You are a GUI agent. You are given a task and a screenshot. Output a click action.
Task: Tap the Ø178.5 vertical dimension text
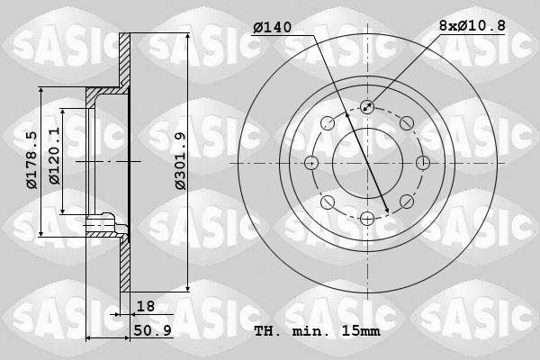(x=31, y=160)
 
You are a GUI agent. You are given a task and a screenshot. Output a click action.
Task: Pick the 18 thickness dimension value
(x=145, y=306)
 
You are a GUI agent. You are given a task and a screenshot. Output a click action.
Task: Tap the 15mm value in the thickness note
(x=361, y=330)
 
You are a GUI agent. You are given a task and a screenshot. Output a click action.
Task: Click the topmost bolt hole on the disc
(x=367, y=107)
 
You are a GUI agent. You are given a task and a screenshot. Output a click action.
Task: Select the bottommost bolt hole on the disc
(x=367, y=217)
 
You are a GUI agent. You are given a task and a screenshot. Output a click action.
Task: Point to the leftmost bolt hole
(x=312, y=162)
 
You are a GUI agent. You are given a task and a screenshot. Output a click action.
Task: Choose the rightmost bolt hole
(x=422, y=162)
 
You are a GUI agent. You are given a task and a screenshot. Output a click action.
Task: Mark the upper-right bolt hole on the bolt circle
(x=406, y=123)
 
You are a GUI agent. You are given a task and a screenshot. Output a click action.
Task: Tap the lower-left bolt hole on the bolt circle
(x=328, y=201)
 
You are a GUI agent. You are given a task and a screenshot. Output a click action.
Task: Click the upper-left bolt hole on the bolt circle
(x=328, y=123)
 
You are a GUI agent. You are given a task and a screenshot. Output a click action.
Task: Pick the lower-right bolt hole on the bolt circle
(x=406, y=201)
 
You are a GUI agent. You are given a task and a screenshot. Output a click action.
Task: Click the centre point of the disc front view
(x=367, y=162)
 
